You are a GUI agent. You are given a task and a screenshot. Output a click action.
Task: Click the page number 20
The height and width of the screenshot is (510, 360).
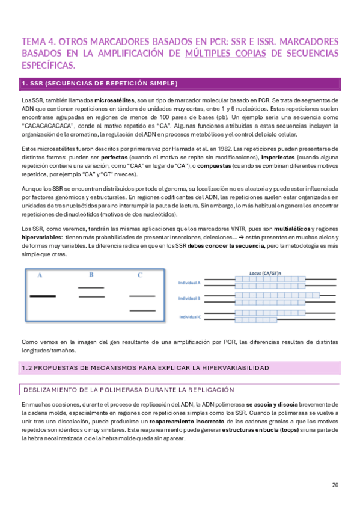coord(335,485)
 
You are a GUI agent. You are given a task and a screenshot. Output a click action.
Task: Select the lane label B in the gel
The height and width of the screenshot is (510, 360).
coord(91,275)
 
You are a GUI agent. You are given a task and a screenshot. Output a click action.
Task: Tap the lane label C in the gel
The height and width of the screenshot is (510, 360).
coord(140,275)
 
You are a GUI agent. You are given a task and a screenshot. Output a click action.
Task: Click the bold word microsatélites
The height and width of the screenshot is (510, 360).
coord(114,100)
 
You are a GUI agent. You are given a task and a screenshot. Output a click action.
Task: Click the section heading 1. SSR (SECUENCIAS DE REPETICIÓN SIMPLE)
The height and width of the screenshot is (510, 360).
coord(99,83)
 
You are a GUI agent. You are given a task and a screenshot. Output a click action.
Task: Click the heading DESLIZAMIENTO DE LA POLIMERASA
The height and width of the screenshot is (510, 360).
coord(126,390)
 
